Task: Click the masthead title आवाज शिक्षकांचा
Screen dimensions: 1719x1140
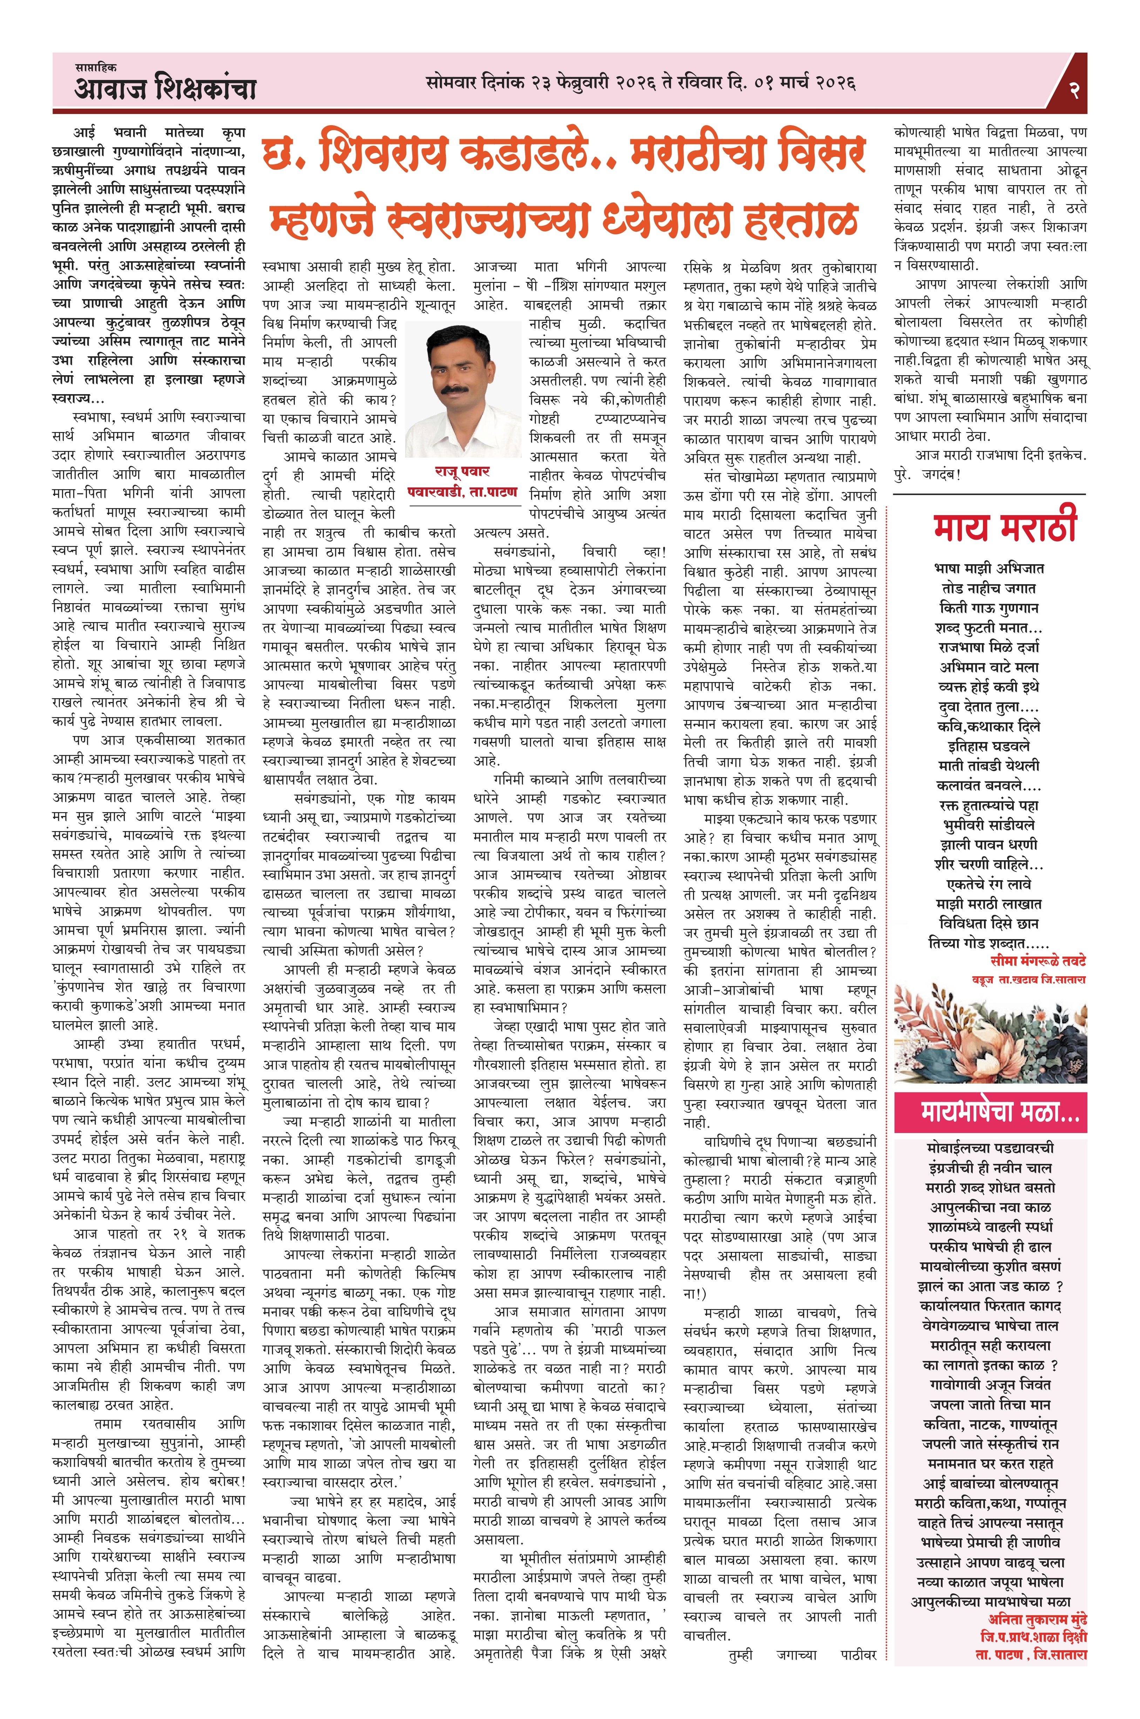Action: (166, 90)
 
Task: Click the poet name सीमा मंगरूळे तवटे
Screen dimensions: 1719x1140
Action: (1028, 961)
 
